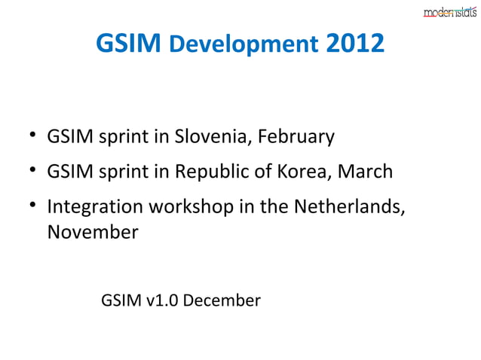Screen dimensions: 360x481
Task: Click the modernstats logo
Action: [449, 11]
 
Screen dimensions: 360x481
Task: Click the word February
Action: [296, 139]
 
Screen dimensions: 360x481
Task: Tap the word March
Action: [365, 172]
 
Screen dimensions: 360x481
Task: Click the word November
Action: [92, 233]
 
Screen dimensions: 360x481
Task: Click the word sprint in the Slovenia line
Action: [121, 139]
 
